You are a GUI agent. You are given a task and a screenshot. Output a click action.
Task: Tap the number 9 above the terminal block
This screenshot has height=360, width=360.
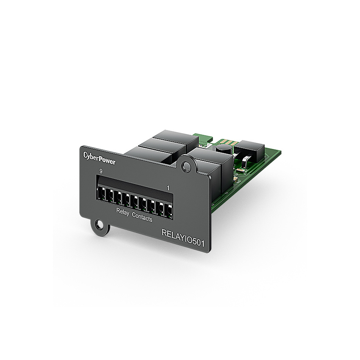[101, 171]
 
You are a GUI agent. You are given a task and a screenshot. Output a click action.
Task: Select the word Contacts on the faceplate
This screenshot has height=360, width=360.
[142, 216]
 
